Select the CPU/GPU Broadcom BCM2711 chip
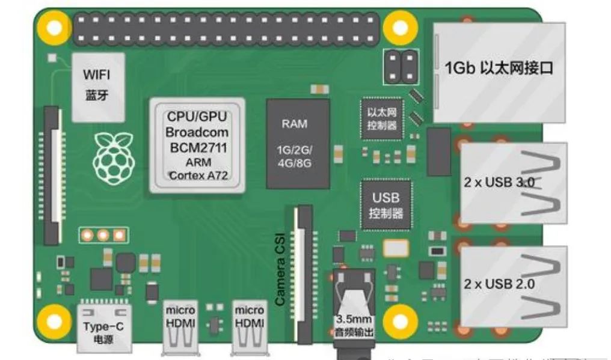point(197,145)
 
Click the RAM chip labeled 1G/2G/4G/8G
point(298,144)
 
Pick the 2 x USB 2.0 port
point(513,283)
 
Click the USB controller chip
point(385,205)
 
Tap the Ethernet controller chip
point(382,117)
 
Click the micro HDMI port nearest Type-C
point(180,328)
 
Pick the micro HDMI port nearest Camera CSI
point(249,328)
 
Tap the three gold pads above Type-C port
point(103,235)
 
